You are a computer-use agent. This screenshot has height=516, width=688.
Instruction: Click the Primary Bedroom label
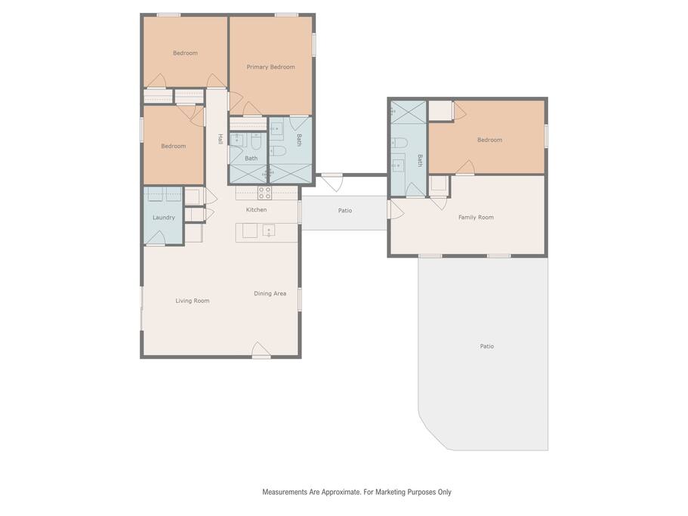(270, 67)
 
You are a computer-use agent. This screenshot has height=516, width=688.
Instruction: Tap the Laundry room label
(164, 218)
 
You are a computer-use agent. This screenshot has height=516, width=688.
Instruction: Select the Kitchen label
(256, 210)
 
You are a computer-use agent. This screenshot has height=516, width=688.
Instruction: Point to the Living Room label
(192, 301)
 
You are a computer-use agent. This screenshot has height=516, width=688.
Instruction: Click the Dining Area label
(270, 294)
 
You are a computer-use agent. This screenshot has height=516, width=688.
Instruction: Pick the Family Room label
(476, 217)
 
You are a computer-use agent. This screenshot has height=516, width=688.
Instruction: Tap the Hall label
(221, 139)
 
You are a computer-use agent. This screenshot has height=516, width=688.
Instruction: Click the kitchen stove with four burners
(264, 193)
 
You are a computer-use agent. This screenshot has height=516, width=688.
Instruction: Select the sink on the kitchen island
(269, 230)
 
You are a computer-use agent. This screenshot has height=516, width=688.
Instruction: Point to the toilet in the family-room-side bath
(400, 144)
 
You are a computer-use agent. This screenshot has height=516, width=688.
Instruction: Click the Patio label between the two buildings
(345, 211)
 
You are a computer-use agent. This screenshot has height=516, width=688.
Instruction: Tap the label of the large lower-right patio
(486, 347)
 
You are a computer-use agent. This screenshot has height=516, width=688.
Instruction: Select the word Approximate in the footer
(341, 493)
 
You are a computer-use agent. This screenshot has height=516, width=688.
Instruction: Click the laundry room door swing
(155, 237)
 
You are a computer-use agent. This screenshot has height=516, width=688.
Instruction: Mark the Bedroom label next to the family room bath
(489, 140)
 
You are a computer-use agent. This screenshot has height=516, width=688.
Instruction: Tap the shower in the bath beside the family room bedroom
(409, 112)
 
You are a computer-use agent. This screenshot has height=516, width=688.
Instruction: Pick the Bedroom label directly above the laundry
(173, 146)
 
